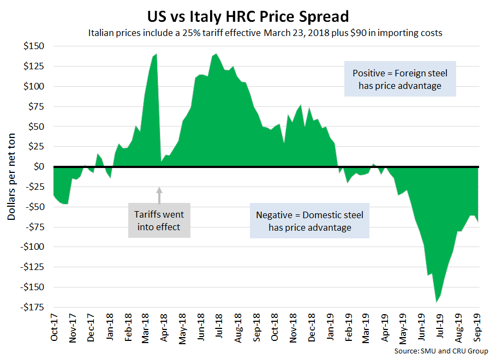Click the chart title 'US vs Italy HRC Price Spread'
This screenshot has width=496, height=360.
coord(248,14)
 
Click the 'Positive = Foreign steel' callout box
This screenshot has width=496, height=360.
coord(400,79)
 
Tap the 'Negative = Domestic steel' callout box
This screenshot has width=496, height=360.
coord(309,221)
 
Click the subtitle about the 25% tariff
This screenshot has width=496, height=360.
coord(265,33)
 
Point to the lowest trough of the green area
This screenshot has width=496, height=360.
coord(436,301)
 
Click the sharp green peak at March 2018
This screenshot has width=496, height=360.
coord(156,55)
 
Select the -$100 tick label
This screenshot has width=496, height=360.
coord(34,247)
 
